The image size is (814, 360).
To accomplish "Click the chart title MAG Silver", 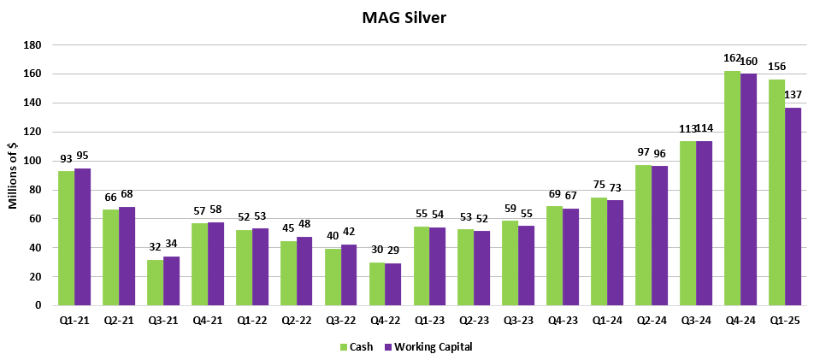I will click(x=407, y=16).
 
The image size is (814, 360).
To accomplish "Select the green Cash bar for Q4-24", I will click(x=732, y=188).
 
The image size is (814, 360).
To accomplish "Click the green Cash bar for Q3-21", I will click(x=155, y=282).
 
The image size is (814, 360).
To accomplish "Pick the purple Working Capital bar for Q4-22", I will click(x=392, y=284).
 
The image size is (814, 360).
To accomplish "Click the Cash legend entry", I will click(x=357, y=347).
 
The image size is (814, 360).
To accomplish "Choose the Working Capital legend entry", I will click(x=427, y=347).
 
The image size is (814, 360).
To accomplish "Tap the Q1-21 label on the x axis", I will click(x=74, y=319).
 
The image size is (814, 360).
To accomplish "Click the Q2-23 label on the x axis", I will click(x=474, y=319).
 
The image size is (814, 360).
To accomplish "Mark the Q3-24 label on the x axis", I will click(x=696, y=319).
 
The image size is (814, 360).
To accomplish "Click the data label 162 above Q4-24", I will click(x=731, y=59).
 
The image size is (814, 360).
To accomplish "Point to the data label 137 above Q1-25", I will click(x=793, y=94).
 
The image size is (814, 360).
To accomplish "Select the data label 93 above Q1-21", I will click(x=66, y=159).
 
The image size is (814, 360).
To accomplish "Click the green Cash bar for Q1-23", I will click(x=422, y=265).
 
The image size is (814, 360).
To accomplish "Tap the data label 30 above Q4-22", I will click(x=376, y=250).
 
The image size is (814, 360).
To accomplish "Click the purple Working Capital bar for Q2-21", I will click(x=127, y=256).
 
